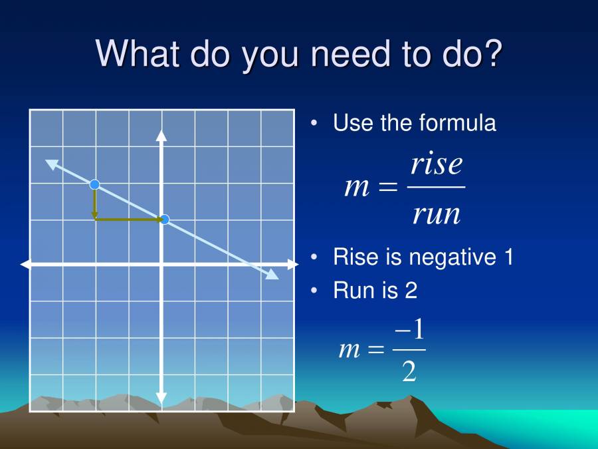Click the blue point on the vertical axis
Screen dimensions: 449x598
coord(165,220)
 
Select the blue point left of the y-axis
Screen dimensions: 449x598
coord(94,184)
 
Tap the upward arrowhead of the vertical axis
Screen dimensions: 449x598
coord(161,135)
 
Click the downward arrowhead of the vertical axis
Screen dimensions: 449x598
coord(161,398)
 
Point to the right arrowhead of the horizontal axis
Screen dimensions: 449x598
coord(292,265)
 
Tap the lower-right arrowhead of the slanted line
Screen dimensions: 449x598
coord(272,275)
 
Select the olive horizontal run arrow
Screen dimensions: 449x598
coord(130,219)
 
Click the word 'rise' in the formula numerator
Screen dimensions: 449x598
coord(436,164)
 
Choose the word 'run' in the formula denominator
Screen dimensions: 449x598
coord(436,214)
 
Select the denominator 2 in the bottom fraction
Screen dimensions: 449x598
coord(409,371)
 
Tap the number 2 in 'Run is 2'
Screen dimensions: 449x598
coord(411,291)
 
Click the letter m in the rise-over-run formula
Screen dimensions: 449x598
coord(357,188)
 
